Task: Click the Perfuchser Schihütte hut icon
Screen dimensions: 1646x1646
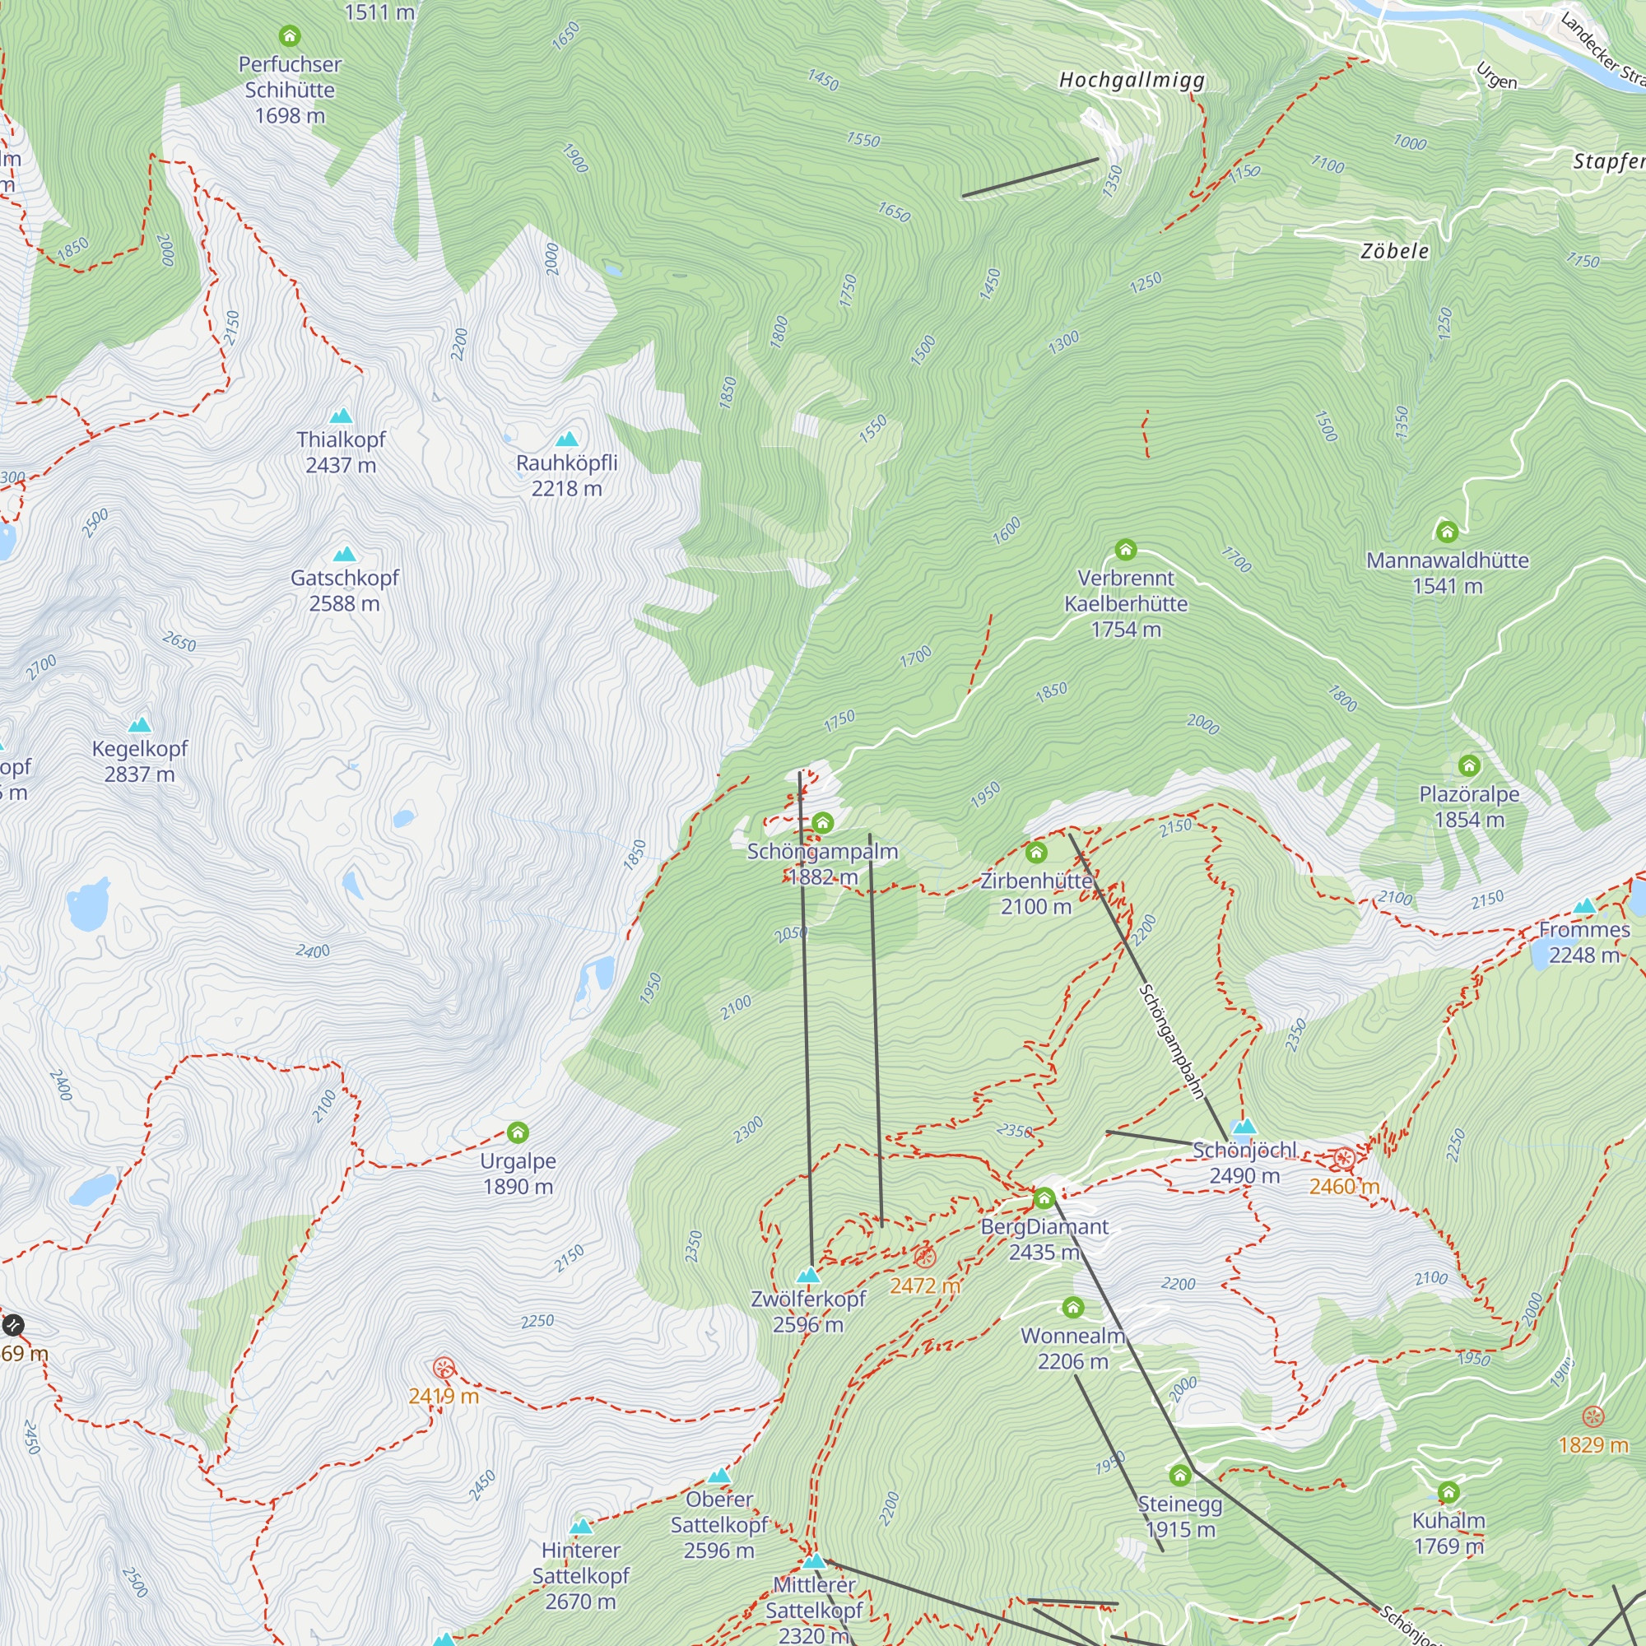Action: (290, 35)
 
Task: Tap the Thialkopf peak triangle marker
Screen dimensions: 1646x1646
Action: (341, 416)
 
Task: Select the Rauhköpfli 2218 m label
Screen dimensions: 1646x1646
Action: (566, 476)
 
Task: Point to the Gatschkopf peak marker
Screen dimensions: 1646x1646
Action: (344, 555)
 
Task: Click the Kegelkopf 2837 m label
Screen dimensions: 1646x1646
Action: (140, 761)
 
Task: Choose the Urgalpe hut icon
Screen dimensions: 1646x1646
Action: (518, 1132)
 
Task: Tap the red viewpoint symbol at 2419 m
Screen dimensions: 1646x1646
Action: (444, 1369)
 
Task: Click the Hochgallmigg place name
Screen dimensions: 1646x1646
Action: (1132, 80)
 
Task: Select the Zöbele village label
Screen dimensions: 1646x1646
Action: (1395, 251)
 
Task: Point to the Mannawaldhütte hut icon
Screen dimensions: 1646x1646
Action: (1447, 532)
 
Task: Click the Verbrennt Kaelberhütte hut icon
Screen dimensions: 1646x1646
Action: (1125, 550)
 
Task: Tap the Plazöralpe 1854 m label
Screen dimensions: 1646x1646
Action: (1469, 807)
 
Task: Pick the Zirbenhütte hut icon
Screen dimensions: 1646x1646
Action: (1036, 852)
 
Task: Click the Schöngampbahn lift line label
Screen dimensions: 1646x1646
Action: (1171, 1041)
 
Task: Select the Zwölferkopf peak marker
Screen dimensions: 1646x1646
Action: (807, 1276)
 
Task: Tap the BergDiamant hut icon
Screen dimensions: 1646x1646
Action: (1044, 1199)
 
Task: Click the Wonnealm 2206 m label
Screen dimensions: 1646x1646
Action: (1072, 1348)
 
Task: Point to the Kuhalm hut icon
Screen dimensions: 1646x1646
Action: (1448, 1492)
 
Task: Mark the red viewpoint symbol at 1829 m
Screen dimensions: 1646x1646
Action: (1593, 1417)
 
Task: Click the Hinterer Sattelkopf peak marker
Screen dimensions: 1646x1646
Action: (580, 1526)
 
